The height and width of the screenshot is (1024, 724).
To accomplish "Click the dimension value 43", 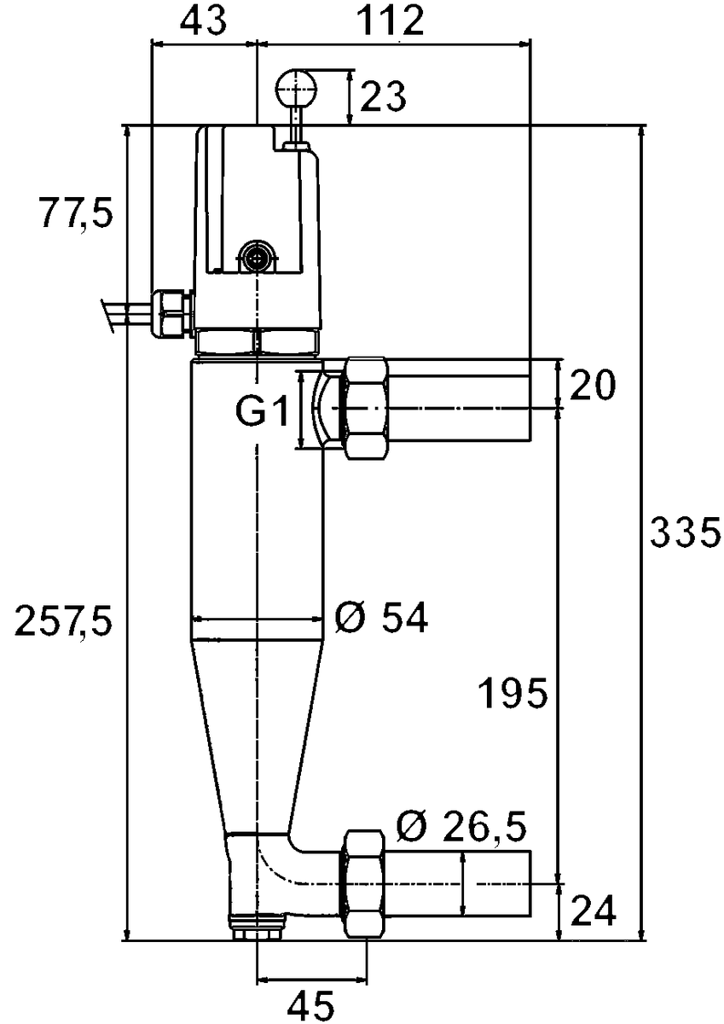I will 203,21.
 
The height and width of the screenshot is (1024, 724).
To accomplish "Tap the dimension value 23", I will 382,96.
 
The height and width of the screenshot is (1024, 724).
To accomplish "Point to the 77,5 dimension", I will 75,213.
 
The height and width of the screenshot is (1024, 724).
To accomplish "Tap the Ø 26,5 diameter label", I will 460,826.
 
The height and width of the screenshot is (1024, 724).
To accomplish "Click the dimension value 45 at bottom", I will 310,1005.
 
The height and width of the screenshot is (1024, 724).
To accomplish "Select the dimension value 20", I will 592,387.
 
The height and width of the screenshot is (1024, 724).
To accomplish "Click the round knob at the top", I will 296,85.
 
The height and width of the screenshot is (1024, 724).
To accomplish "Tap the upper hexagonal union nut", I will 365,409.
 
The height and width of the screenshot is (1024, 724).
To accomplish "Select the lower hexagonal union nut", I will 365,884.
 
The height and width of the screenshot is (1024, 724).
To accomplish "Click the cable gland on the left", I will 171,312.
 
